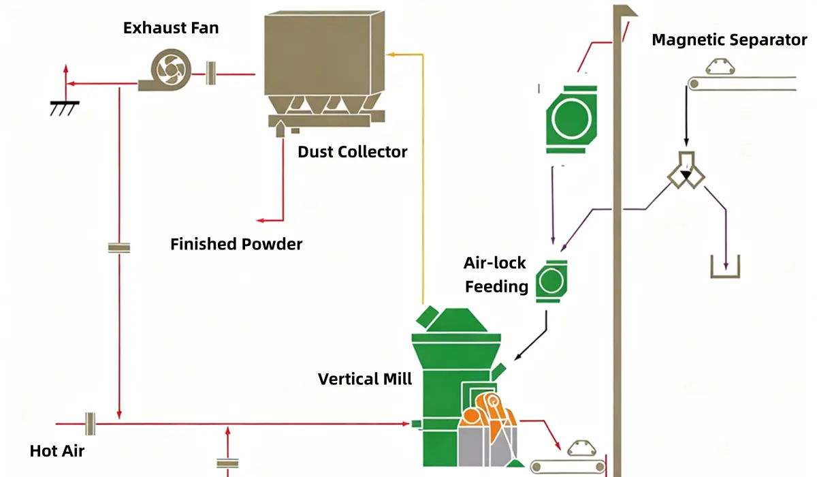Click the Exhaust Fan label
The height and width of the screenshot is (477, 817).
[171, 28]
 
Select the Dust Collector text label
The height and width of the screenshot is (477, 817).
[352, 151]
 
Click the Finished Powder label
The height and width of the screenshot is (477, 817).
[236, 243]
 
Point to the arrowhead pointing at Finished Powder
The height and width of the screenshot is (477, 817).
[260, 220]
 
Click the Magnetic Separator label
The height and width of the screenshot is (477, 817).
[729, 40]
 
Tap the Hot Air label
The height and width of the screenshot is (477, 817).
[57, 450]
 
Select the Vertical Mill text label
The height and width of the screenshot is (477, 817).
[365, 379]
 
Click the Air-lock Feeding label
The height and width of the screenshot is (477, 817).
[496, 275]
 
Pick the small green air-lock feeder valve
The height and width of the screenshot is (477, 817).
[551, 281]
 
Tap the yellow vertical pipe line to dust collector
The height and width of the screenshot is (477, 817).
[423, 177]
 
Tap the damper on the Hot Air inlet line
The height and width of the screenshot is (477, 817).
[89, 423]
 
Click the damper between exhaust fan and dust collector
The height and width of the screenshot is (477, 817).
[211, 73]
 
